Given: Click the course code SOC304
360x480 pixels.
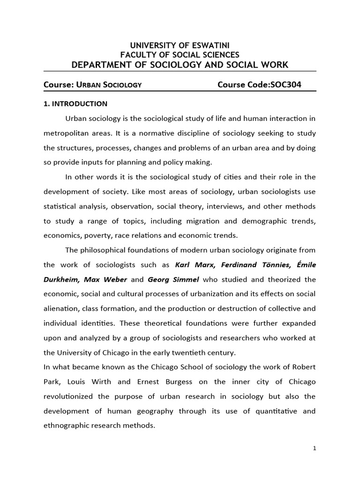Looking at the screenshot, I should (284, 85).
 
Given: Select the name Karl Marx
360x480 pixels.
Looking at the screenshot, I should (191, 265).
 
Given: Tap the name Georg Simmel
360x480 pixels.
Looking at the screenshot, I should (167, 279).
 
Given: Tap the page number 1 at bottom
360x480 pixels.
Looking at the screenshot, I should (315, 449).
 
